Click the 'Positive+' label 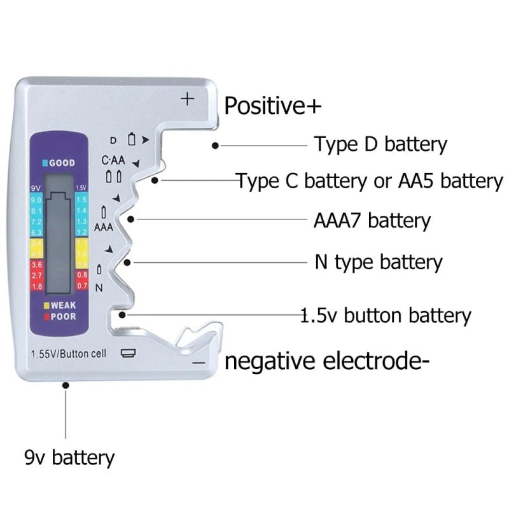(273, 105)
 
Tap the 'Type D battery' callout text (380, 144)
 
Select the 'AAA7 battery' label (372, 221)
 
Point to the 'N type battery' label (378, 261)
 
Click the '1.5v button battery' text (386, 315)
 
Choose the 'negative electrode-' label (327, 361)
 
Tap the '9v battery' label (69, 457)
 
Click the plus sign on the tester (187, 99)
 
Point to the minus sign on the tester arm (199, 363)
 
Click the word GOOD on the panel (62, 163)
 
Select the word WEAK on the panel (63, 305)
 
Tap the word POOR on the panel (63, 316)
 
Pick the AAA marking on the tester (103, 227)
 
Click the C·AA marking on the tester (113, 160)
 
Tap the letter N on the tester (99, 288)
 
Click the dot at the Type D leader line (215, 146)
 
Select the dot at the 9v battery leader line (66, 384)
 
